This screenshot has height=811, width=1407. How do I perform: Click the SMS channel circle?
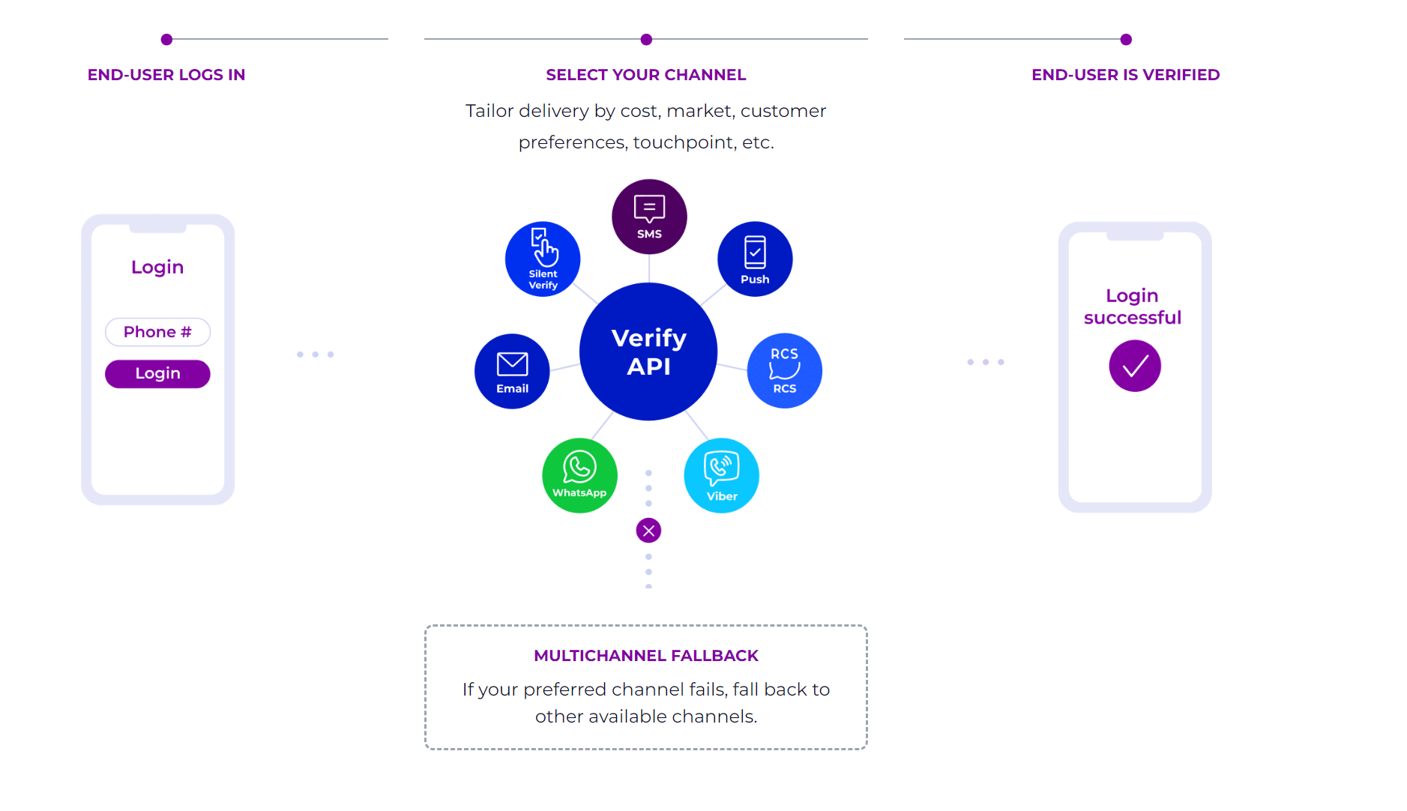(x=649, y=217)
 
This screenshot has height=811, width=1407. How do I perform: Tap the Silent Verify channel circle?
(x=543, y=259)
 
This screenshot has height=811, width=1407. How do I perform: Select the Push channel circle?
(x=755, y=259)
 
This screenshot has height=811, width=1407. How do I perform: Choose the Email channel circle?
(x=512, y=371)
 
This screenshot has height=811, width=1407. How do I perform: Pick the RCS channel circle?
(x=785, y=370)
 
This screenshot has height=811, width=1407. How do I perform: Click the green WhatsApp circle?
(x=579, y=475)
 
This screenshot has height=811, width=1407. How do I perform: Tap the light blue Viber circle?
(x=722, y=475)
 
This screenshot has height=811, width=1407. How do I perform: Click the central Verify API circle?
(x=648, y=352)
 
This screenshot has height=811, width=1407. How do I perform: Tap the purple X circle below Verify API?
(x=648, y=531)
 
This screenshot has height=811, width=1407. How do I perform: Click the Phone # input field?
(x=157, y=332)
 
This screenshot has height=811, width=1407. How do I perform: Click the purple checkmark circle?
(x=1135, y=366)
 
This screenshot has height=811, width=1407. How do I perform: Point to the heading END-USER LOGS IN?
(x=166, y=75)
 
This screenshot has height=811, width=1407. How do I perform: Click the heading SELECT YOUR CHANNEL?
(x=646, y=75)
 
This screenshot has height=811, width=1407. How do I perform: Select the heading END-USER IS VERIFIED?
(x=1126, y=75)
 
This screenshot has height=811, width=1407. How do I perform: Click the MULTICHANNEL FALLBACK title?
(x=646, y=656)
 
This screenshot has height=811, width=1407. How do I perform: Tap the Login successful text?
(x=1133, y=307)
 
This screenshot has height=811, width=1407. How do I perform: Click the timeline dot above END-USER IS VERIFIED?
(x=1126, y=40)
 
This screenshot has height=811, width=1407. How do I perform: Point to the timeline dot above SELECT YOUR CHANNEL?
(x=646, y=40)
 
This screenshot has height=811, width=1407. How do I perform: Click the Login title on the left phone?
(x=157, y=268)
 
